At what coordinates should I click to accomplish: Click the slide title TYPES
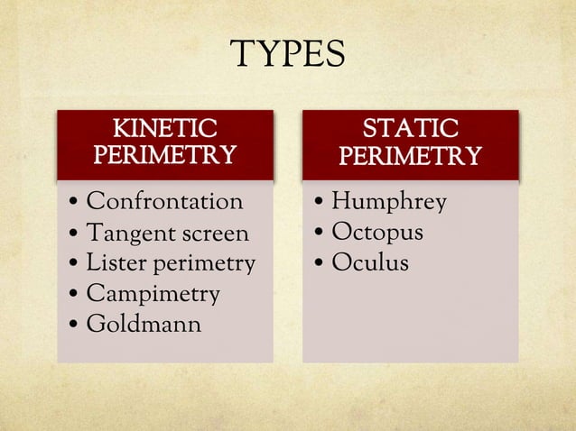[288, 56]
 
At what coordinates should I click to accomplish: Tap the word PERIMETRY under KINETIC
[164, 155]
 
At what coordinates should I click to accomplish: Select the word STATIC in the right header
[410, 129]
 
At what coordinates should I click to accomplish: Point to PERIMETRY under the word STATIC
[410, 158]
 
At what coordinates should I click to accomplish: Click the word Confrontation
[164, 201]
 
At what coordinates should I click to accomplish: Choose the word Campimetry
[153, 294]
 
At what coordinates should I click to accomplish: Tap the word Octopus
[376, 233]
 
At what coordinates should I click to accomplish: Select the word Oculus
[369, 262]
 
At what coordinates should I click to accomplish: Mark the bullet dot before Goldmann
[73, 324]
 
